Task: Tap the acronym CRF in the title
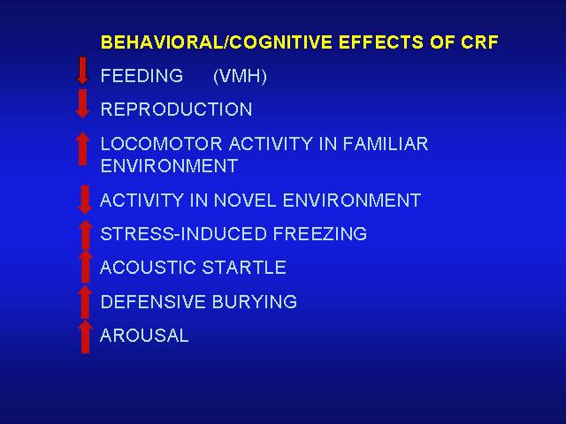coord(479,42)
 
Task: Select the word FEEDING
coord(141,76)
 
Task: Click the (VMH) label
coord(240,77)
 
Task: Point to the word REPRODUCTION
coord(177,110)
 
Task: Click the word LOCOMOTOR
coord(161,143)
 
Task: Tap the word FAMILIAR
coord(386,143)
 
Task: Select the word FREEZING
coord(320,233)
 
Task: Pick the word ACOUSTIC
coord(148,268)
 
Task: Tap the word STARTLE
coord(244,268)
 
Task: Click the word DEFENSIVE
coord(153,301)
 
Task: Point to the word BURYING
coord(255,301)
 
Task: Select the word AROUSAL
coord(144,336)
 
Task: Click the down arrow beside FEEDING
coord(82,71)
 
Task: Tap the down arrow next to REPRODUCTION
coord(82,104)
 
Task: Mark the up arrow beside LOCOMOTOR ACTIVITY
coord(82,149)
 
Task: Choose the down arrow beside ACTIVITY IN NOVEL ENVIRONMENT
coord(85,200)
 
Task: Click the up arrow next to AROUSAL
coord(85,337)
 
